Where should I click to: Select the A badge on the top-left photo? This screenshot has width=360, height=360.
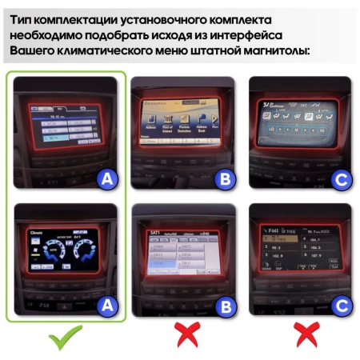pyautogui.click(x=106, y=180)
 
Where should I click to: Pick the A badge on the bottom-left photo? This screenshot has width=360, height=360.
pyautogui.click(x=106, y=304)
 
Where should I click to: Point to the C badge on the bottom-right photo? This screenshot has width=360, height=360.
pyautogui.click(x=342, y=304)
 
